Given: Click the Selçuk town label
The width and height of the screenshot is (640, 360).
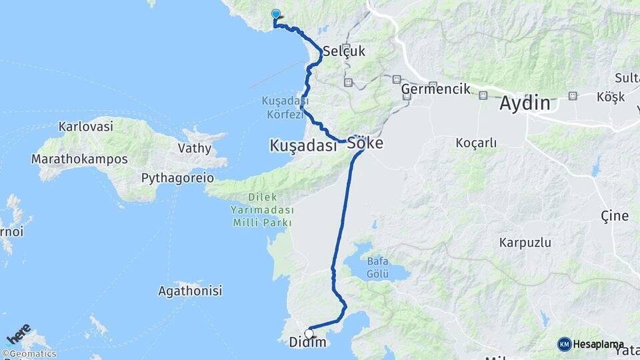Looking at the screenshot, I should pos(344,51).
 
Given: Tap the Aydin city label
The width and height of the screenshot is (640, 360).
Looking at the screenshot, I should pos(525,104).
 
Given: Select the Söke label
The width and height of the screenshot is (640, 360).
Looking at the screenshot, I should pos(365,143).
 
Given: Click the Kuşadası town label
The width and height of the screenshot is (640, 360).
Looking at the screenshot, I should pos(303,145).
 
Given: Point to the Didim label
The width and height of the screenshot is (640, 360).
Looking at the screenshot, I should pos(308,343).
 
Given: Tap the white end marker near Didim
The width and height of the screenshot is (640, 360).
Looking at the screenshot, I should pos(309,333).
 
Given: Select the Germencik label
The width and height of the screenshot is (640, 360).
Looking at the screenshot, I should pos(436,89).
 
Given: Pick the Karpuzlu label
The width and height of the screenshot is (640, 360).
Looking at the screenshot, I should pos(525,243).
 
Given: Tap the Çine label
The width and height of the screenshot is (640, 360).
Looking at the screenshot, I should pos(614,215).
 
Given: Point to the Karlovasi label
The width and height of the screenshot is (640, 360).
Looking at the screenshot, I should pos(85,126).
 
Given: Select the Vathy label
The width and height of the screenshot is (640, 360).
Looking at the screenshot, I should pos(195,148).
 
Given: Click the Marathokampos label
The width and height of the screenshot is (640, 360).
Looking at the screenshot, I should pos(79,159).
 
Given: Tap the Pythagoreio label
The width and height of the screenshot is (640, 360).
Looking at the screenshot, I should pos(177,178).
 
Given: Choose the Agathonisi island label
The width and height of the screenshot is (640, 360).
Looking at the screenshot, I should pos(190,291).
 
